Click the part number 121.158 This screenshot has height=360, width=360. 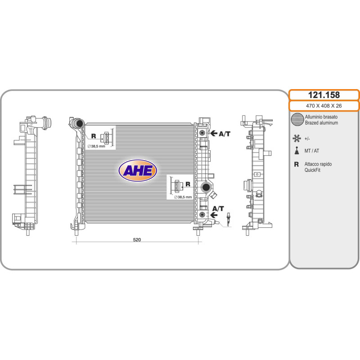(324, 95)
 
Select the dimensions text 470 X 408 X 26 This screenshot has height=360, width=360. (324, 106)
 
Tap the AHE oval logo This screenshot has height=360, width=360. (138, 171)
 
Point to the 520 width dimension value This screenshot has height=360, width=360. (137, 240)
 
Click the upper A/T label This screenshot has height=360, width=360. (224, 134)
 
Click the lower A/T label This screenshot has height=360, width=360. (218, 209)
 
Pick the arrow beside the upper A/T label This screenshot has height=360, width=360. (214, 133)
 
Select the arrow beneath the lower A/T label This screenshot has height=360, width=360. (214, 215)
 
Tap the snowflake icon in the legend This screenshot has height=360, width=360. (297, 139)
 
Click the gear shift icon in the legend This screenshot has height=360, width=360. (297, 150)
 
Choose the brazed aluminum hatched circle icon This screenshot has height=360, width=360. (297, 119)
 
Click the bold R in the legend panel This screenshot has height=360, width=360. (297, 164)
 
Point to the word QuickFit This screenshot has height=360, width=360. (312, 170)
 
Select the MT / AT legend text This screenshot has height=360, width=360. (311, 151)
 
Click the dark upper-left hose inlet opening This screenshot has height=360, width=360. (79, 123)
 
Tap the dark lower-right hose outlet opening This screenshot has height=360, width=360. (206, 187)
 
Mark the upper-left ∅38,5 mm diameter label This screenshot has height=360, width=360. (96, 146)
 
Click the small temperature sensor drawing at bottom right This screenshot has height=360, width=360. (228, 220)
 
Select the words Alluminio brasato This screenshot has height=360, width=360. (321, 117)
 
